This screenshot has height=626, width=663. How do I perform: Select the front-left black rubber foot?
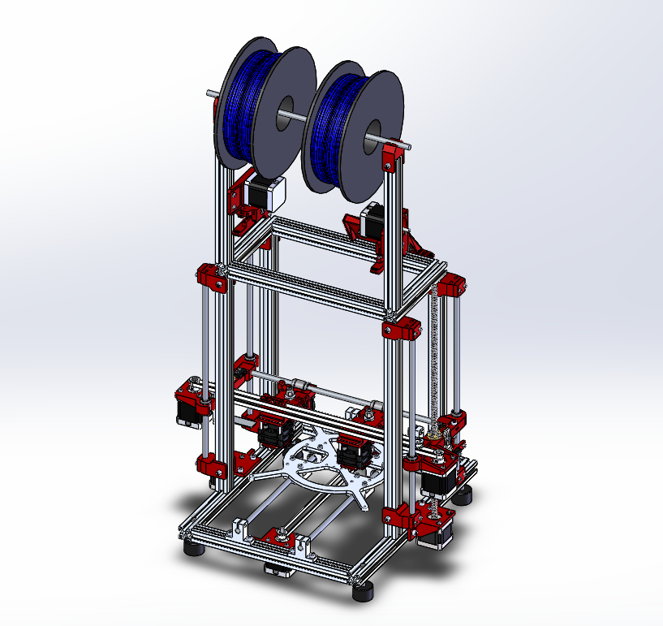click(x=196, y=550)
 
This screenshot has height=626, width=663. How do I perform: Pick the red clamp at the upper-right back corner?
click(x=451, y=286)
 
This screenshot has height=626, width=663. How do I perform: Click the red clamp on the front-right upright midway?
click(x=400, y=329)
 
